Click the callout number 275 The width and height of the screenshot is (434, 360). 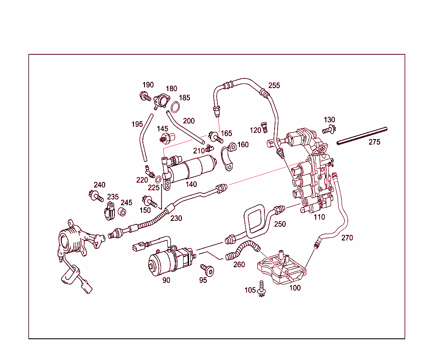(374, 142)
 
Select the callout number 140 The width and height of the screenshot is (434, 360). (191, 184)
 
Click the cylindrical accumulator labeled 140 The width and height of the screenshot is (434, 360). (195, 167)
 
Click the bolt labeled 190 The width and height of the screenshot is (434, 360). (145, 96)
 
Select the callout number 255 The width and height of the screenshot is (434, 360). (274, 85)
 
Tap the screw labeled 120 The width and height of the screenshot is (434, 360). (265, 126)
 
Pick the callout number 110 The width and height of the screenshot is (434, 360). (319, 217)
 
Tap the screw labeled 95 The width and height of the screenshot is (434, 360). (208, 269)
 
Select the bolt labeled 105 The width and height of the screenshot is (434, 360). (262, 289)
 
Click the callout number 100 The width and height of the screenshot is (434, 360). (295, 287)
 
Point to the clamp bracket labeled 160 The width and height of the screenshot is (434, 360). (229, 157)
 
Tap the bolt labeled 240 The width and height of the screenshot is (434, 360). (96, 196)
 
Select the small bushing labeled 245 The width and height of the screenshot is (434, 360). (122, 212)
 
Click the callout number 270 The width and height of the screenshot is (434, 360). (347, 238)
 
